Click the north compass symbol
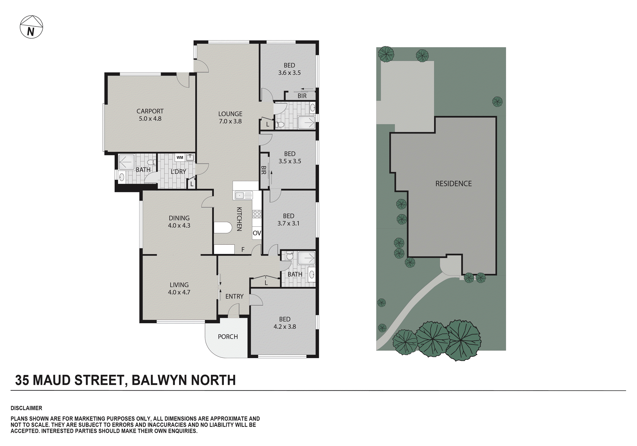click(31, 27)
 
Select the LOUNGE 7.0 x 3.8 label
click(230, 117)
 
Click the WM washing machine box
click(180, 158)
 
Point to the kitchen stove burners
click(257, 214)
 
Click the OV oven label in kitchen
click(257, 233)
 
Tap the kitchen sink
click(240, 195)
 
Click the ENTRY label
click(234, 296)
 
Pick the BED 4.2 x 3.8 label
click(285, 323)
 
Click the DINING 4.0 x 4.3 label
click(179, 222)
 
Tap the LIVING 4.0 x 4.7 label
click(179, 288)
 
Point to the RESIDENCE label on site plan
click(453, 183)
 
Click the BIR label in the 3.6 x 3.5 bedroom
click(302, 96)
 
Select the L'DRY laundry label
click(178, 172)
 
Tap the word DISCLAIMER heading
click(26, 408)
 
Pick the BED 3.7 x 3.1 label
click(288, 219)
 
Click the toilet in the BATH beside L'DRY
click(151, 162)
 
